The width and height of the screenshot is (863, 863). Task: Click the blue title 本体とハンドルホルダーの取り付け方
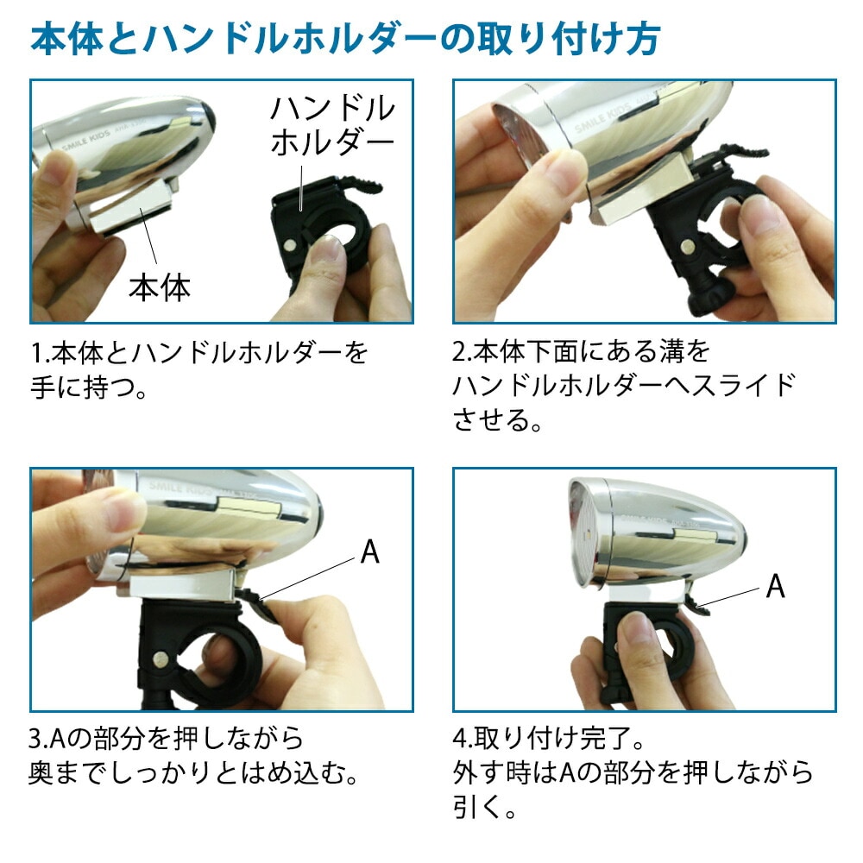point(345,39)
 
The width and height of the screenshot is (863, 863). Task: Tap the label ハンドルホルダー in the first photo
point(332,125)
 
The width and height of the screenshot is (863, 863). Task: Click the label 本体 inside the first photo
point(160,287)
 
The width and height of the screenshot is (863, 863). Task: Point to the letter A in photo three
point(370,551)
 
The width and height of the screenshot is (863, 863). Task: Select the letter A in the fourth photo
point(776,586)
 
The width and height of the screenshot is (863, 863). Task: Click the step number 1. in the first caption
point(41,353)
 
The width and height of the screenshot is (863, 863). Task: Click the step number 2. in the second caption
point(463,352)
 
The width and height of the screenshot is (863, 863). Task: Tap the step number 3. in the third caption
point(39,739)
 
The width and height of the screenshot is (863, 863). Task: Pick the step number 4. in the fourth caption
point(463,739)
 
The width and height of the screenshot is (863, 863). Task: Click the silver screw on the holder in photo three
point(161,657)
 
